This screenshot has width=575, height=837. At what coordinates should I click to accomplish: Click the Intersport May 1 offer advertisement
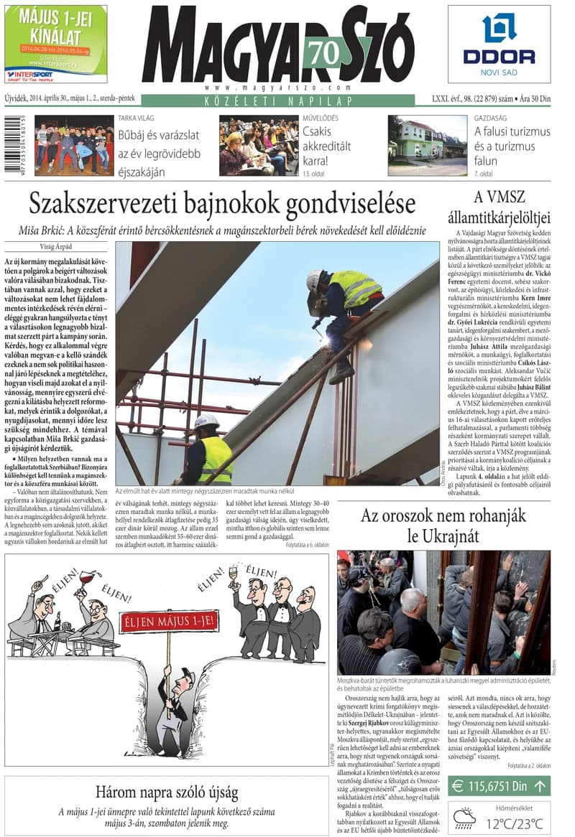[55, 43]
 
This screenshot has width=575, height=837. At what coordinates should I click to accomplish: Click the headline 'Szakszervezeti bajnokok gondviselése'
[222, 204]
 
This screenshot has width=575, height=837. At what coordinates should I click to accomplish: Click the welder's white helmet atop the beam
[313, 279]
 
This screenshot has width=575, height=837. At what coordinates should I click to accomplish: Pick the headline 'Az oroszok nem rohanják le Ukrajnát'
[443, 525]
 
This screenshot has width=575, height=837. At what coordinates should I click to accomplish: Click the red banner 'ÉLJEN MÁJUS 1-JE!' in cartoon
[168, 624]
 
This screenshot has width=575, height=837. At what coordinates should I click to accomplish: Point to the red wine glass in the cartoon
[87, 578]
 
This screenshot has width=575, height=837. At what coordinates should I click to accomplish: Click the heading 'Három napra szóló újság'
[167, 792]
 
